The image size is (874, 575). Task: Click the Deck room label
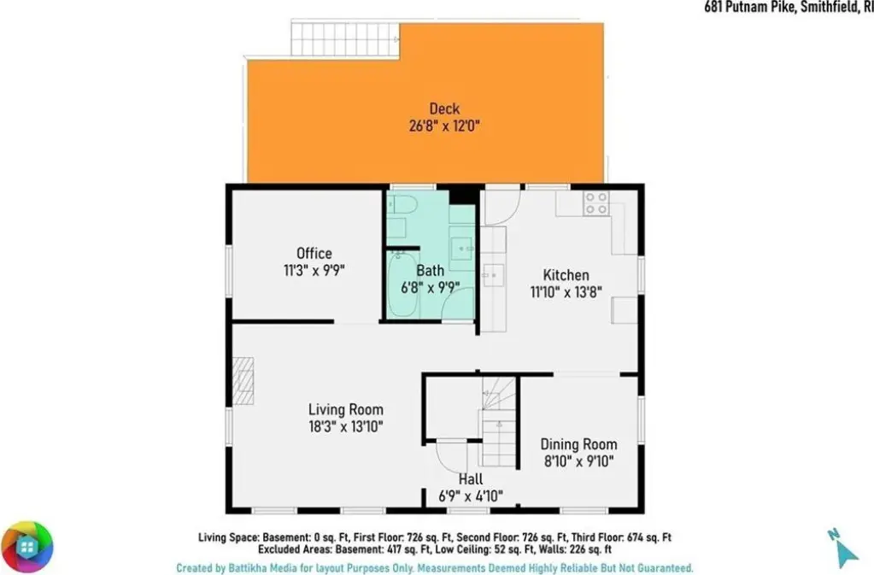[x=444, y=109]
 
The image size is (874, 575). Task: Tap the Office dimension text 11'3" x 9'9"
[x=314, y=271]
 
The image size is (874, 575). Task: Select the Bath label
[x=431, y=271]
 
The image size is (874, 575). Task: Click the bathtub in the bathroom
[x=403, y=285]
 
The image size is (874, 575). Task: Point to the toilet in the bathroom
[x=400, y=205]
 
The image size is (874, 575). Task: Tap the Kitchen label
[x=566, y=275]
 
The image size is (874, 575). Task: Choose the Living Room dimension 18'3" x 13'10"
[x=346, y=427]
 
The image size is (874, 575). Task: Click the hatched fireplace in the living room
[x=243, y=381]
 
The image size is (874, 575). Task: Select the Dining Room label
[x=578, y=444]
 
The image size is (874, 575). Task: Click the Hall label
[x=471, y=479]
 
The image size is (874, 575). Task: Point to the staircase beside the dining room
[x=500, y=422]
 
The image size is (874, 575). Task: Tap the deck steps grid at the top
[x=346, y=39]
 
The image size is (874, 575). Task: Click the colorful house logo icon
[x=26, y=547]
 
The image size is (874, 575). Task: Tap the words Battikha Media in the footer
[x=262, y=568]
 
